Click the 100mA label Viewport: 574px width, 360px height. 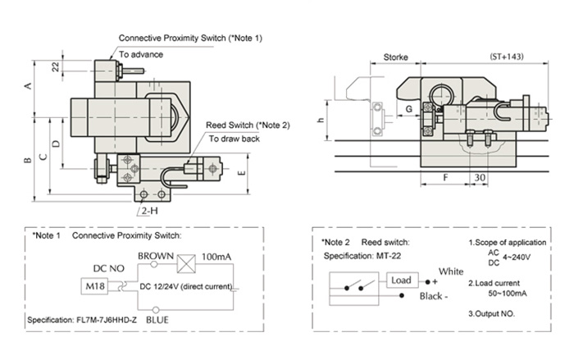pyautogui.click(x=216, y=257)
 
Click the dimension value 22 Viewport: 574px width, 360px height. pyautogui.click(x=55, y=68)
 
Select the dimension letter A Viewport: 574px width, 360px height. pyautogui.click(x=30, y=86)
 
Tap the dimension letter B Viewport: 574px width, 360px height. pyautogui.click(x=27, y=158)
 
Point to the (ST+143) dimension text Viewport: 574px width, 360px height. pyautogui.click(x=508, y=58)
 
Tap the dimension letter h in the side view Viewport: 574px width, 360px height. pyautogui.click(x=321, y=119)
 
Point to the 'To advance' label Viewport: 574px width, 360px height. pyautogui.click(x=141, y=54)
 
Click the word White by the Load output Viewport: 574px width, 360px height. pyautogui.click(x=450, y=271)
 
